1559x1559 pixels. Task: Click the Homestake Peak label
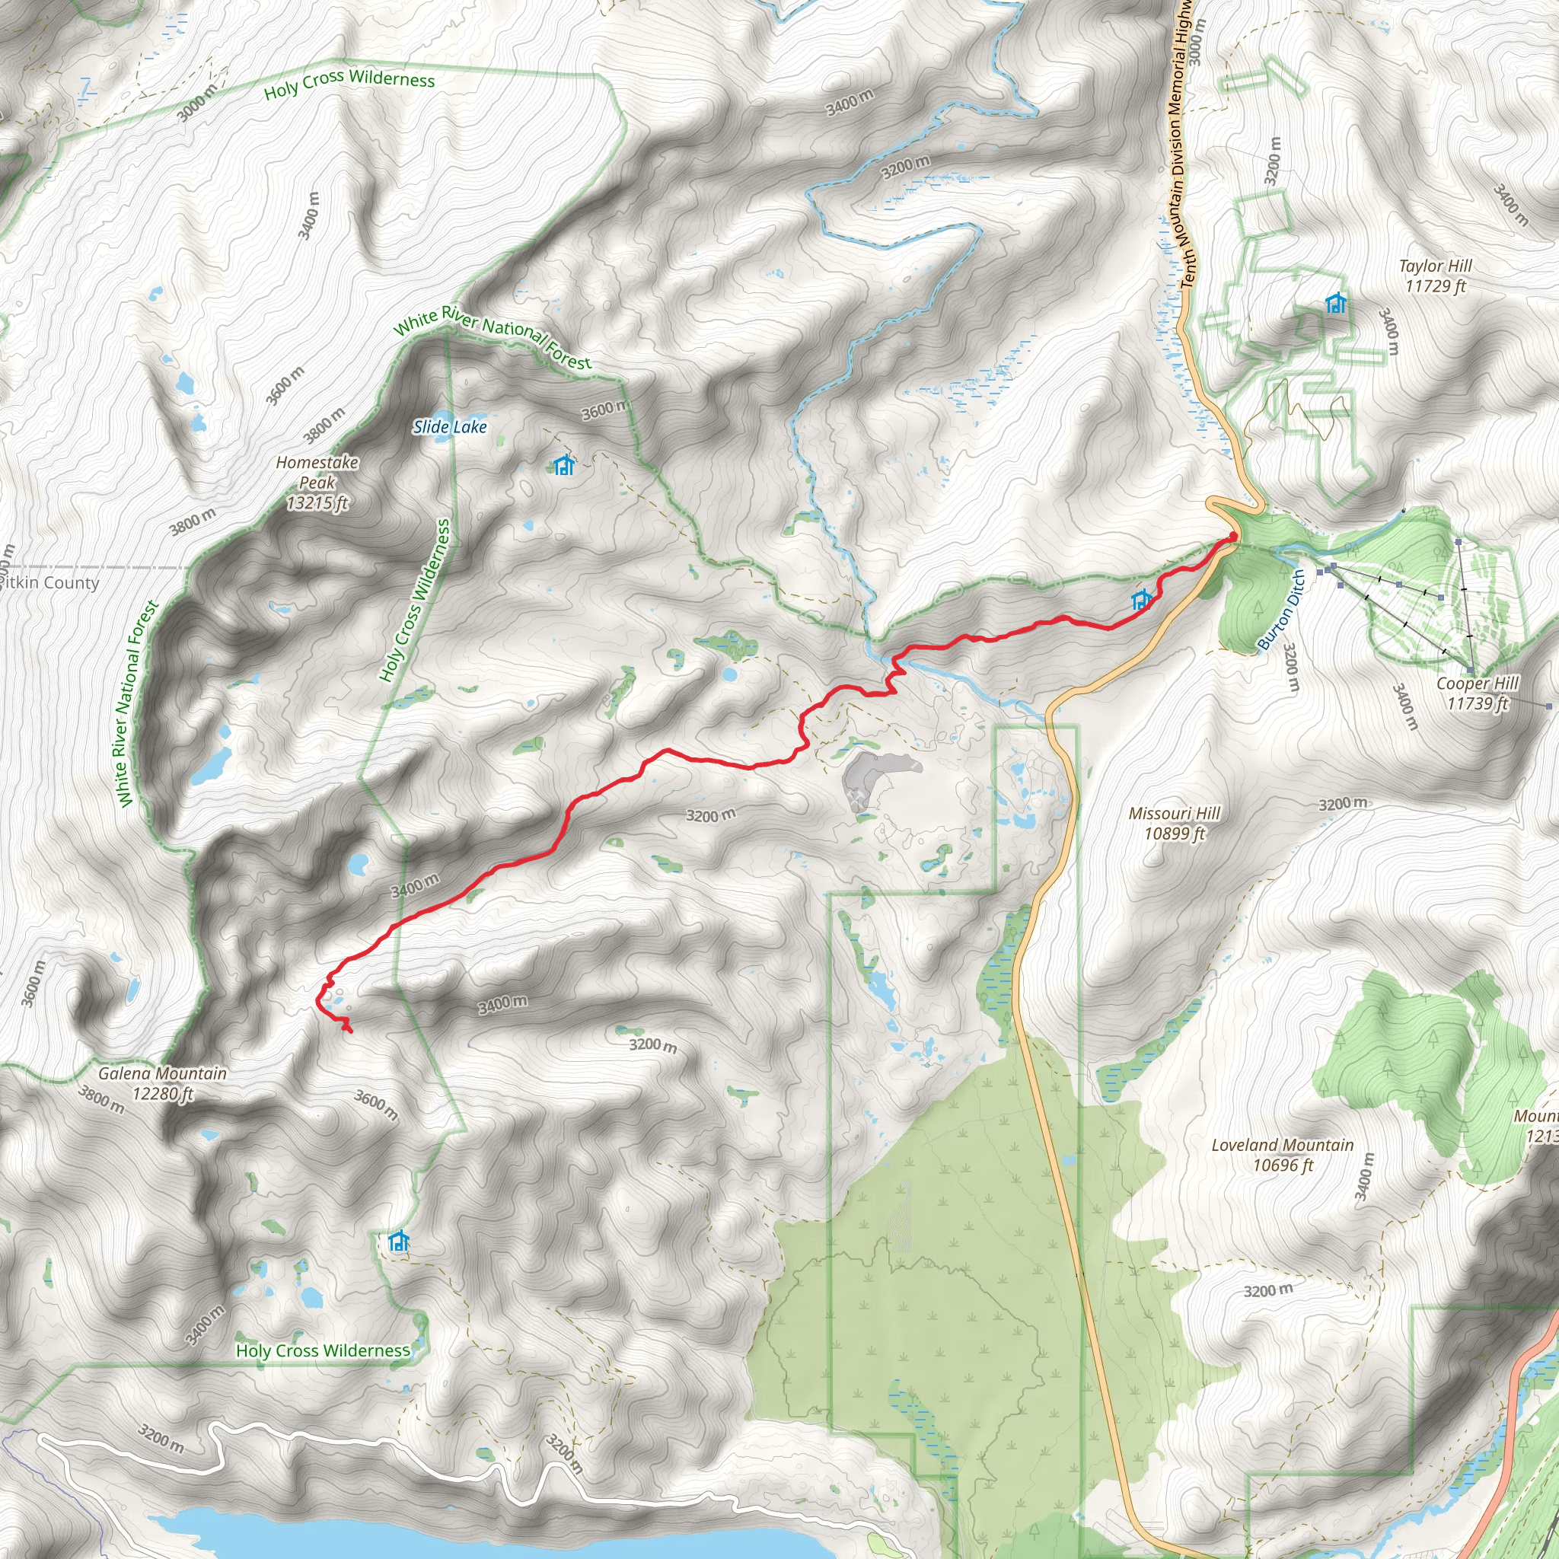point(317,483)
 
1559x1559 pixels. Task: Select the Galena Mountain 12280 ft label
point(162,1083)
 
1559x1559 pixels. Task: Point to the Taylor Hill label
point(1435,275)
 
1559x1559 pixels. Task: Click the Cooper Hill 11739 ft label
point(1477,693)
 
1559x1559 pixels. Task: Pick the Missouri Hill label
point(1174,823)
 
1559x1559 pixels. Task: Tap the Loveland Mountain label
point(1282,1155)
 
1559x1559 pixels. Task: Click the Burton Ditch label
point(1281,609)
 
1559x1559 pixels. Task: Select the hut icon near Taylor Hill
point(1336,304)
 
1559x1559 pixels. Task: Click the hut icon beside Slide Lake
point(563,466)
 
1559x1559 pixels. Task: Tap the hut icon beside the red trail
point(1141,600)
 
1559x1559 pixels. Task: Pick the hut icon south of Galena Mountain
point(398,1241)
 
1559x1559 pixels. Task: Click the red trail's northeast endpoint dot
point(1233,537)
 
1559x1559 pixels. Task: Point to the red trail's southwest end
point(349,1031)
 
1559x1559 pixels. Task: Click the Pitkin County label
point(50,582)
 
